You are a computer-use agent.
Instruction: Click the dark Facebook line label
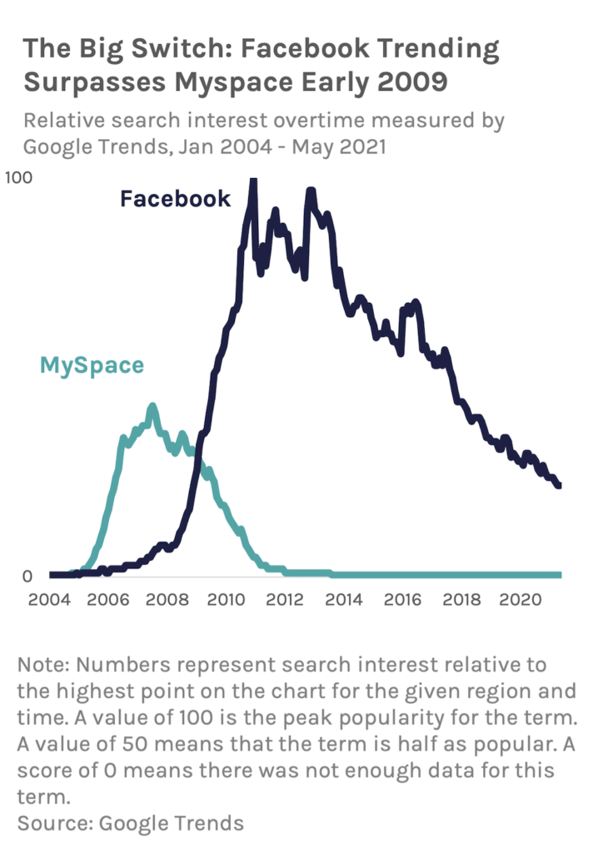click(x=175, y=199)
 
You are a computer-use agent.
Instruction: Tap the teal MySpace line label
click(x=92, y=364)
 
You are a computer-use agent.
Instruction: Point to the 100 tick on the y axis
click(x=17, y=176)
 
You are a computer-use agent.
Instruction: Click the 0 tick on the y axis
click(x=27, y=576)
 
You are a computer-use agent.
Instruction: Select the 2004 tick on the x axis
click(x=48, y=600)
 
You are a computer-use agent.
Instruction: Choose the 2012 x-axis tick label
click(x=285, y=600)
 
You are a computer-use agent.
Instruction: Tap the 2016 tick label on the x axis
click(x=403, y=600)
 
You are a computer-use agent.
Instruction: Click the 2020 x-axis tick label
click(x=522, y=600)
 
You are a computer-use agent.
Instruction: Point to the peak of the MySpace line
click(x=152, y=407)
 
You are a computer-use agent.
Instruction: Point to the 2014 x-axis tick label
click(x=344, y=600)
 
